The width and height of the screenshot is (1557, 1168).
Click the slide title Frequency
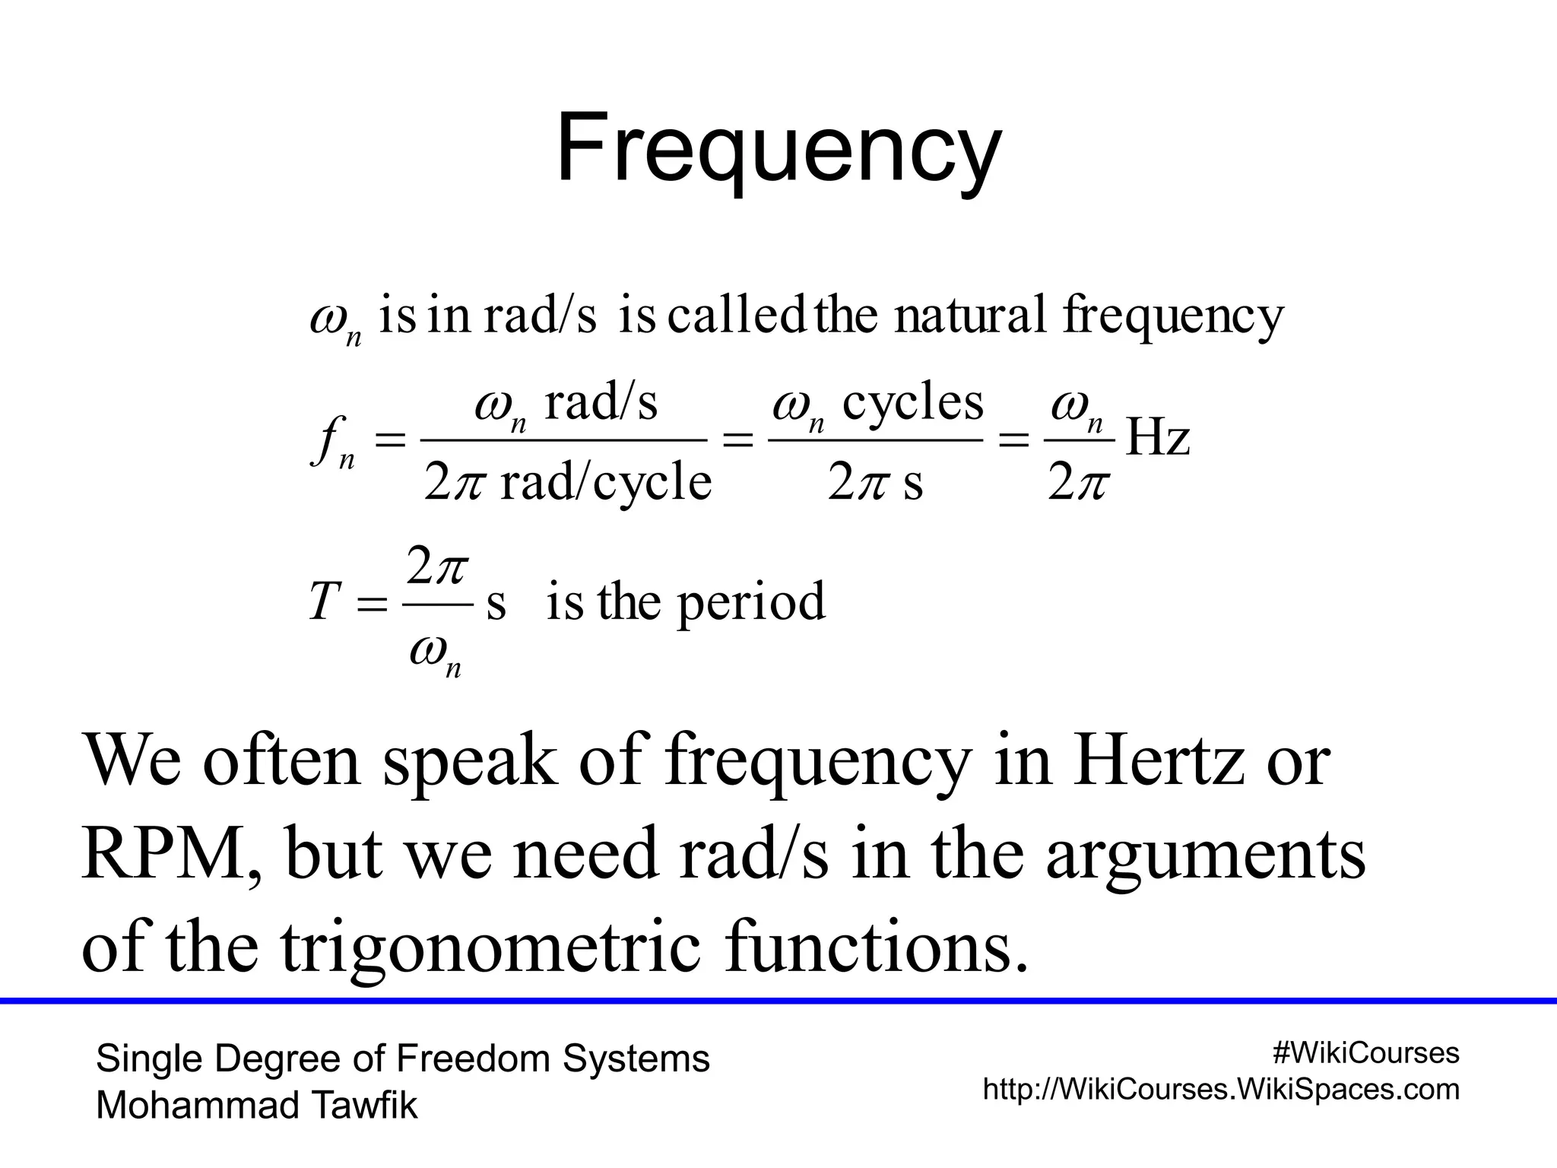coord(778,148)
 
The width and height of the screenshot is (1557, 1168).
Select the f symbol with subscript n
coord(333,443)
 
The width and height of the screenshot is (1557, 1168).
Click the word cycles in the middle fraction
coord(912,403)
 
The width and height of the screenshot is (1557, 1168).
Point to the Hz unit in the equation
coord(1157,440)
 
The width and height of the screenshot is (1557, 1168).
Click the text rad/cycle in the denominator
coord(606,482)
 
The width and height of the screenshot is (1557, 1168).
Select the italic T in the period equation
coord(322,602)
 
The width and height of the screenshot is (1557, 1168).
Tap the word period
coord(750,602)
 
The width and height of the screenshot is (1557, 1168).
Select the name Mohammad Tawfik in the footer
coord(257,1106)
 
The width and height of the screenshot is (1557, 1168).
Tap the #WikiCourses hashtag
coord(1365,1053)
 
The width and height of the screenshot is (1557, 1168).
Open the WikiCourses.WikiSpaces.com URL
coord(1221,1090)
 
